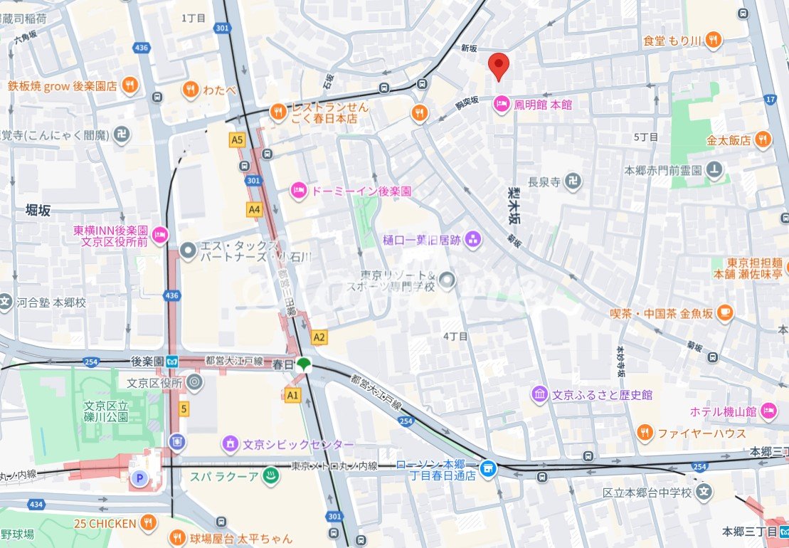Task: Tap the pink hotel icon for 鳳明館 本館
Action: click(501, 105)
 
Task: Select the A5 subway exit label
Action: click(238, 141)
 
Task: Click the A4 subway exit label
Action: click(254, 209)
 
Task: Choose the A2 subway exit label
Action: click(319, 337)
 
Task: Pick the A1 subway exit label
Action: click(292, 394)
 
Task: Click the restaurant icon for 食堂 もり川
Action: click(714, 41)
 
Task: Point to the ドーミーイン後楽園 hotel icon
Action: click(299, 191)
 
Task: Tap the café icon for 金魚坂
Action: click(724, 311)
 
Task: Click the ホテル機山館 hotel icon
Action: click(768, 411)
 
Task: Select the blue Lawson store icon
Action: click(488, 468)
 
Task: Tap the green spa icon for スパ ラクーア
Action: click(270, 475)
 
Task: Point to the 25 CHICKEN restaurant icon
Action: click(149, 525)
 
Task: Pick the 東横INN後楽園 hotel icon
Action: click(161, 233)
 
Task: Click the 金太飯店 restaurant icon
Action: click(763, 140)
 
